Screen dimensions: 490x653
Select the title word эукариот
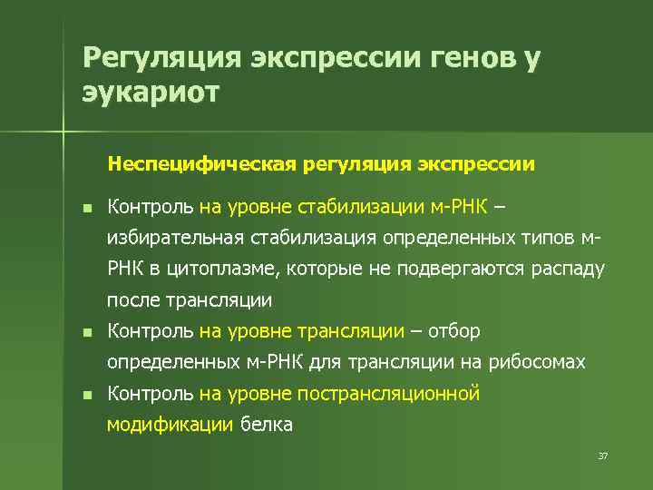151,93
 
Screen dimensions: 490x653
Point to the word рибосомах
538,362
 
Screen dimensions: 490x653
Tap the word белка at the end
266,424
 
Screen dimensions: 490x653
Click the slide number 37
602,456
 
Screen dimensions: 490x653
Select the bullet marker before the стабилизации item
85,209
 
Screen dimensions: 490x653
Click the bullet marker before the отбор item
85,332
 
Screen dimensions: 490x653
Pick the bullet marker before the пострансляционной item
85,395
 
